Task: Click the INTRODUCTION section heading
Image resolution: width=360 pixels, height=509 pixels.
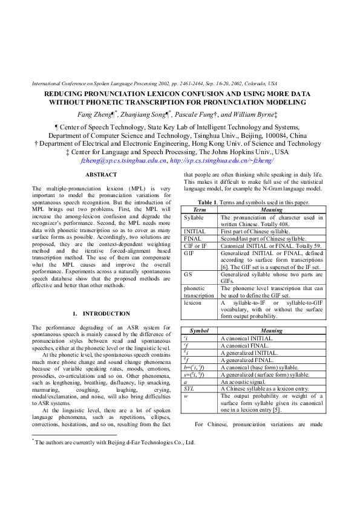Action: pos(101,314)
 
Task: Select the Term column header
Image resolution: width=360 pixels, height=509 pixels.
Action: pos(199,209)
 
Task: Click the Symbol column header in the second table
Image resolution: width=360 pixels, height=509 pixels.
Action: pos(199,331)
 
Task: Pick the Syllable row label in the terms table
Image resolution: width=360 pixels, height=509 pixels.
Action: pos(194,216)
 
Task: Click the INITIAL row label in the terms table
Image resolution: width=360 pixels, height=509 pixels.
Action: pos(194,231)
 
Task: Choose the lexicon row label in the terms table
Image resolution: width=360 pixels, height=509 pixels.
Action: pos(192,302)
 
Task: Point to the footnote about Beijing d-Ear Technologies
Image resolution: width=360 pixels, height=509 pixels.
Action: pos(114,443)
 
